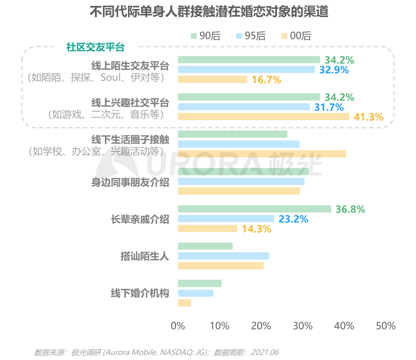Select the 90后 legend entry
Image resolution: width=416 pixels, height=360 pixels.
pos(205,36)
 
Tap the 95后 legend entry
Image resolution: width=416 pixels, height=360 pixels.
pos(250,36)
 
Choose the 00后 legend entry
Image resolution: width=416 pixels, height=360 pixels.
pos(296,36)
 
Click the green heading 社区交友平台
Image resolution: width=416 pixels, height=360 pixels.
pos(96,47)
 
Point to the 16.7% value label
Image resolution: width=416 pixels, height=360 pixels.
pos(266,80)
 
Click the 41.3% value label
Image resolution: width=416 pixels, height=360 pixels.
pos(369,117)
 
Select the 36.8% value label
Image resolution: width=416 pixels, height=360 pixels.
pos(350,209)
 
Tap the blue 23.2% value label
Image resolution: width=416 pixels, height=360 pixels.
pos(293,219)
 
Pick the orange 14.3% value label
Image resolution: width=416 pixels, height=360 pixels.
pos(257,229)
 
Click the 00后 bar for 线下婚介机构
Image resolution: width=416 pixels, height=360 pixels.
pos(184,303)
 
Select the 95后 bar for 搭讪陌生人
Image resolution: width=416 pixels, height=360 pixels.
pos(223,256)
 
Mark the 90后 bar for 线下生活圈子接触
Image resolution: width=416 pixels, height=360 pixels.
pos(232,134)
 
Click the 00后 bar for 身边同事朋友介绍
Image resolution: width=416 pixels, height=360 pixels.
pos(238,191)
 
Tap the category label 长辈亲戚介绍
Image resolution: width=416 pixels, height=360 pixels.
pos(140,219)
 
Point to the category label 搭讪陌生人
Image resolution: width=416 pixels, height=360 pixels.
pos(145,256)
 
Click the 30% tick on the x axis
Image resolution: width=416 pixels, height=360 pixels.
pos(303,326)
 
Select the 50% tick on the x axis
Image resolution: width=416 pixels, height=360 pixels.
pos(386,326)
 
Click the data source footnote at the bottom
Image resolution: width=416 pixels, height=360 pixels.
pos(156,352)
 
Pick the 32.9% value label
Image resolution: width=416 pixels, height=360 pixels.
pos(334,70)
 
